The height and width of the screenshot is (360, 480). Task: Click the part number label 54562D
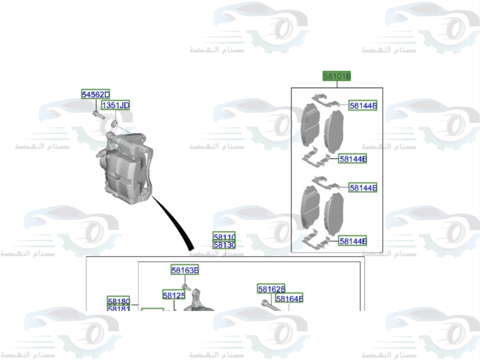click(96, 95)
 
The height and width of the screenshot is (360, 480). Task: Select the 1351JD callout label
click(115, 105)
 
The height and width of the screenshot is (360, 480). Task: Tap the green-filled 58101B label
click(336, 76)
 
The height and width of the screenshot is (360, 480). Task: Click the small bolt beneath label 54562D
click(97, 115)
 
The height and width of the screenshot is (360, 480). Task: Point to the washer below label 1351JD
click(114, 125)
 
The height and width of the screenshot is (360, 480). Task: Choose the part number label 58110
click(224, 237)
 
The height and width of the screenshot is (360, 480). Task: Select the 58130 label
click(224, 245)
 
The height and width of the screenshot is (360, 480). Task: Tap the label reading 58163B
click(185, 271)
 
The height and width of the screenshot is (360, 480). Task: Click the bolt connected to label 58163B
click(186, 287)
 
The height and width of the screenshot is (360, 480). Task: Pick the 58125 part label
click(173, 296)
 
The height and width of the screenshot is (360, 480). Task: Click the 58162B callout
click(271, 289)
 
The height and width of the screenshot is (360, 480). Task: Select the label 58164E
click(289, 299)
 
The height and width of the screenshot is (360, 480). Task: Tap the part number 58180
click(119, 301)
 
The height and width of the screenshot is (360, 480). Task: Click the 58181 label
click(119, 309)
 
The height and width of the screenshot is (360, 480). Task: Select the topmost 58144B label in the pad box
click(363, 106)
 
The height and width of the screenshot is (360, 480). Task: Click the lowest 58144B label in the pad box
click(353, 241)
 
